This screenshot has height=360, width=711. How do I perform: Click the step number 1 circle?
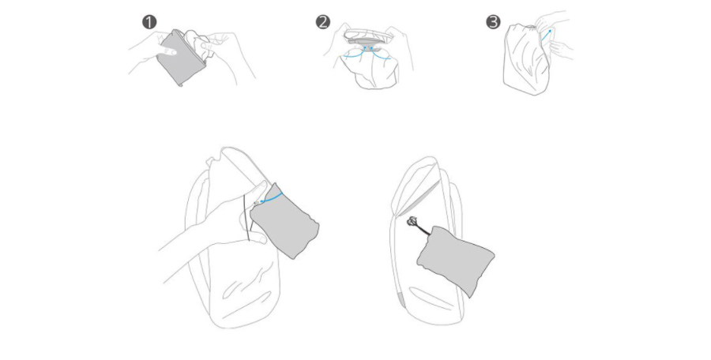click(x=149, y=22)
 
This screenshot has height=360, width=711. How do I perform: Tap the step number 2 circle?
click(x=323, y=22)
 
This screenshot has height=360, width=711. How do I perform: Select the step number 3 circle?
click(x=493, y=22)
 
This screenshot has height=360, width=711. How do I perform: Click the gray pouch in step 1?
click(x=180, y=58)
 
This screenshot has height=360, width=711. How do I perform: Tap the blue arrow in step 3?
click(x=546, y=36)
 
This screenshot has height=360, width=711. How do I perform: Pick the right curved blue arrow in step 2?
click(x=380, y=53)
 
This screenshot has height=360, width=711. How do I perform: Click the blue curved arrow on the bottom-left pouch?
click(x=271, y=197)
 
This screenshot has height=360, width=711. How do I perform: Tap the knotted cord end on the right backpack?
click(x=412, y=222)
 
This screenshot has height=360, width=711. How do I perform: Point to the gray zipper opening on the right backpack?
click(x=419, y=197)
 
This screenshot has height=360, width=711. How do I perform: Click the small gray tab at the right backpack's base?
click(x=401, y=300)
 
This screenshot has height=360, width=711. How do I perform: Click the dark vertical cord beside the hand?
click(x=246, y=218)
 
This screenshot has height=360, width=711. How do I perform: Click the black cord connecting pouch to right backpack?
click(x=422, y=230)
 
